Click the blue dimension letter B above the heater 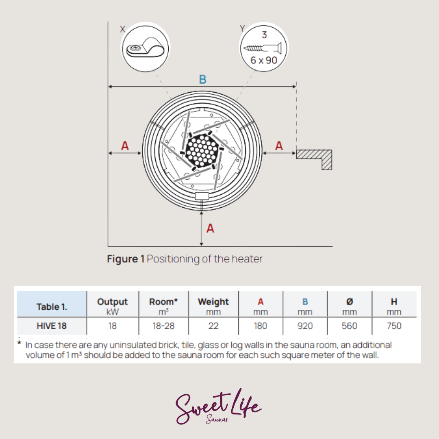(203, 79)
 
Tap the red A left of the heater (125, 146)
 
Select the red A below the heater (210, 228)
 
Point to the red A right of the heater (279, 146)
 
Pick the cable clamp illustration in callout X (145, 48)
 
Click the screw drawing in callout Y (263, 48)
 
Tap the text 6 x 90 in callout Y (263, 60)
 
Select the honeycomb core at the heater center (202, 151)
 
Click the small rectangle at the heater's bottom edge (202, 196)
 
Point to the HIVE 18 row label (52, 326)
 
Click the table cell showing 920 (305, 326)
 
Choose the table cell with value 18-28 (163, 326)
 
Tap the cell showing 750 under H (394, 326)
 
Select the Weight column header (213, 302)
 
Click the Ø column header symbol (350, 302)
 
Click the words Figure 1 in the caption (126, 259)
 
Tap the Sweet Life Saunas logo (218, 407)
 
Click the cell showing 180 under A (261, 326)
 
